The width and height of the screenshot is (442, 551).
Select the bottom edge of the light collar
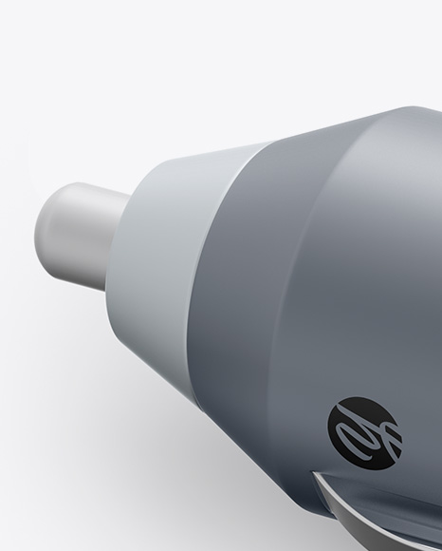click(x=166, y=328)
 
